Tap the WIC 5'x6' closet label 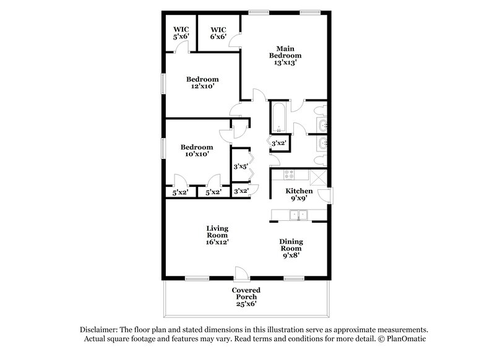[181, 33]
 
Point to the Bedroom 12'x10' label [202, 83]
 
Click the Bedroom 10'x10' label [197, 151]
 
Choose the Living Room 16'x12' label [217, 235]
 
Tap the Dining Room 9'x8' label [291, 248]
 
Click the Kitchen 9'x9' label [298, 195]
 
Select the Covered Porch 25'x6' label [246, 297]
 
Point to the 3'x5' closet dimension [240, 166]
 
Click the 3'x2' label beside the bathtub [279, 144]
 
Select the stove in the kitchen [289, 175]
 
